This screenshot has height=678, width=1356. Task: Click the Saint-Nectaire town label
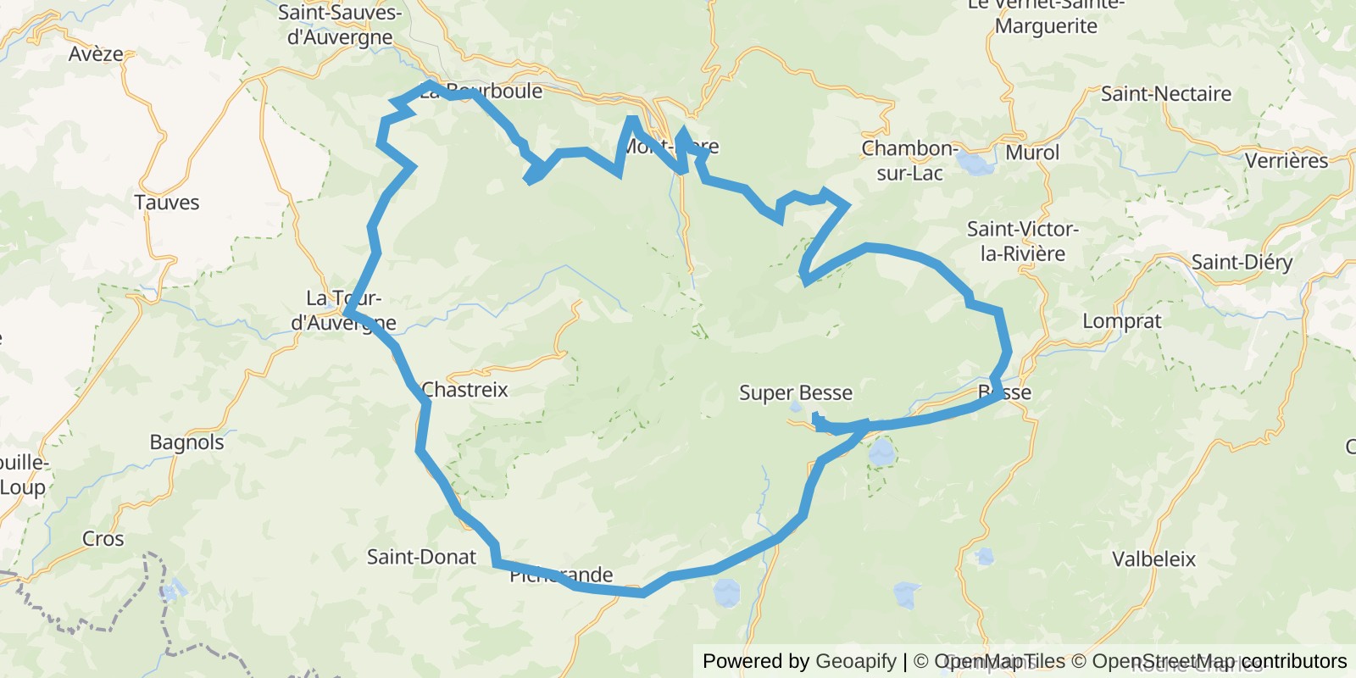pyautogui.click(x=1165, y=94)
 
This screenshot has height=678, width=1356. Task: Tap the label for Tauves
pyautogui.click(x=167, y=203)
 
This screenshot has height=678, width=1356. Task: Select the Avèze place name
pyautogui.click(x=96, y=54)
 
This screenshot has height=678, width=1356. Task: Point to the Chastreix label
pyautogui.click(x=464, y=390)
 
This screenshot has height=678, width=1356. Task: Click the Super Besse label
pyautogui.click(x=796, y=393)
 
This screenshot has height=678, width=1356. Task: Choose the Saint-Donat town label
pyautogui.click(x=421, y=557)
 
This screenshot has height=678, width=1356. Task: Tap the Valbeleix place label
pyautogui.click(x=1153, y=559)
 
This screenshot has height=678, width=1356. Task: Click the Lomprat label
pyautogui.click(x=1122, y=322)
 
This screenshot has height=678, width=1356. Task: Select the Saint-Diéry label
pyautogui.click(x=1242, y=263)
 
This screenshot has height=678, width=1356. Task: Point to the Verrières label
pyautogui.click(x=1287, y=161)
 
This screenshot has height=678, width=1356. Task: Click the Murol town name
pyautogui.click(x=1032, y=153)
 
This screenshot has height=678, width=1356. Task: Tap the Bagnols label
pyautogui.click(x=186, y=442)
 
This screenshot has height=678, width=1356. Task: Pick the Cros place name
pyautogui.click(x=103, y=539)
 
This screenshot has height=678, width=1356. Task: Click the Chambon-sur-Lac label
pyautogui.click(x=909, y=161)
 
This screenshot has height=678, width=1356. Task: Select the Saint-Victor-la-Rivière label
pyautogui.click(x=1022, y=242)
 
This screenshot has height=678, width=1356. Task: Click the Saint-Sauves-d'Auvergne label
pyautogui.click(x=340, y=25)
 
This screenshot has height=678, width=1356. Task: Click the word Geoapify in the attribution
pyautogui.click(x=856, y=661)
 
